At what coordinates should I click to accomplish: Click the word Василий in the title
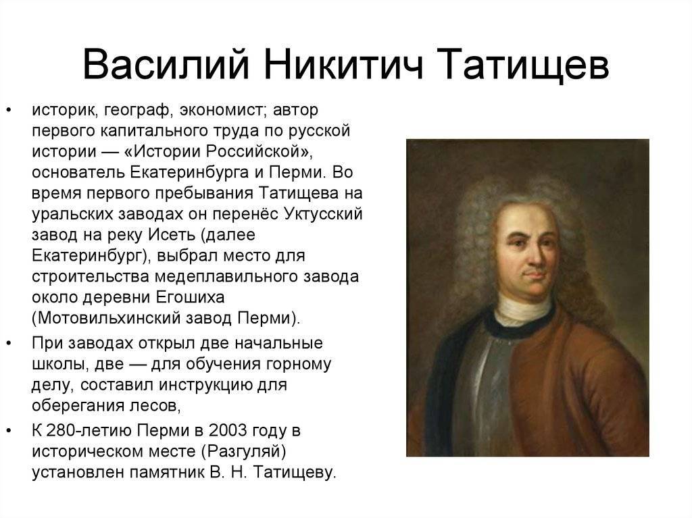(x=166, y=64)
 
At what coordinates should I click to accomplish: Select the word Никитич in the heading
(x=343, y=64)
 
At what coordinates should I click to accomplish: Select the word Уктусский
(x=323, y=214)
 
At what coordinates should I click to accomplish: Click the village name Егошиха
(x=190, y=297)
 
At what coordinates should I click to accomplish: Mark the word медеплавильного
(x=226, y=277)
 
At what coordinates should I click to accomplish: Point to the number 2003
(x=228, y=430)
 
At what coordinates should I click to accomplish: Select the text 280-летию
(x=89, y=430)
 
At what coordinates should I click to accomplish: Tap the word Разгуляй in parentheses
(x=243, y=452)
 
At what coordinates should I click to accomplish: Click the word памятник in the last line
(x=167, y=473)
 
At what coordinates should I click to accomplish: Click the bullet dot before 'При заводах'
(x=9, y=342)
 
